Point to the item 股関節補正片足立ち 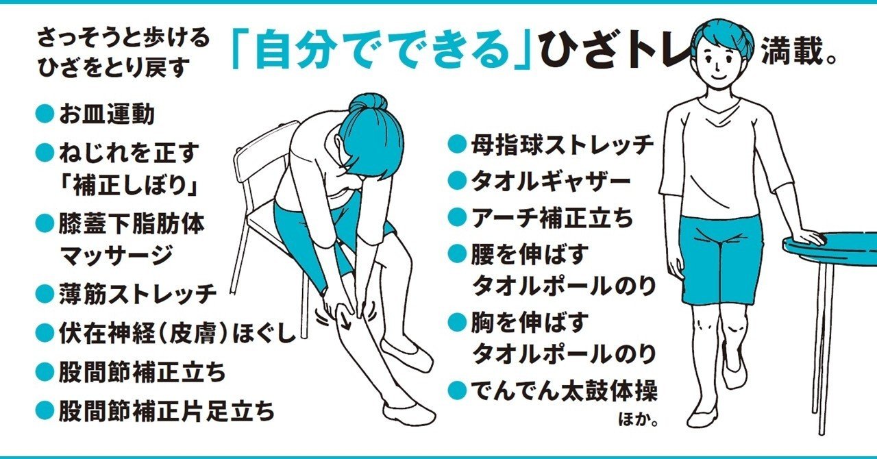pyautogui.click(x=165, y=411)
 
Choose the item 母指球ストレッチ pyautogui.click(x=562, y=145)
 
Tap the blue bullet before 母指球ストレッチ pyautogui.click(x=456, y=145)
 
